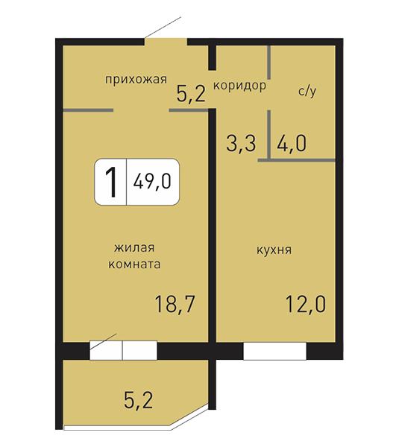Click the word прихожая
point(136,80)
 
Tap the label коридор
point(239,86)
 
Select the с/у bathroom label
point(307,91)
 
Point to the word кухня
point(274,250)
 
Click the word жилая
point(134,248)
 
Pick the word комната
point(134,264)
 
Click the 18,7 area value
point(175,304)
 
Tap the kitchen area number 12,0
point(305,304)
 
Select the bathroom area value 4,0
point(292,143)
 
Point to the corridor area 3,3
point(241,143)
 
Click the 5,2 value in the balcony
point(139,400)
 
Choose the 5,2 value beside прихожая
point(191,94)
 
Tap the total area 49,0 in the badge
point(152,181)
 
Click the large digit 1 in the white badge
point(111,182)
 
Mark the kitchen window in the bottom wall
point(274,351)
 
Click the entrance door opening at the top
point(166,42)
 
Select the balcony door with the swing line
point(106,350)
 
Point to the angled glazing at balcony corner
point(189,416)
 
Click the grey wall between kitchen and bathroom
point(296,160)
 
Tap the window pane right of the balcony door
point(140,350)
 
